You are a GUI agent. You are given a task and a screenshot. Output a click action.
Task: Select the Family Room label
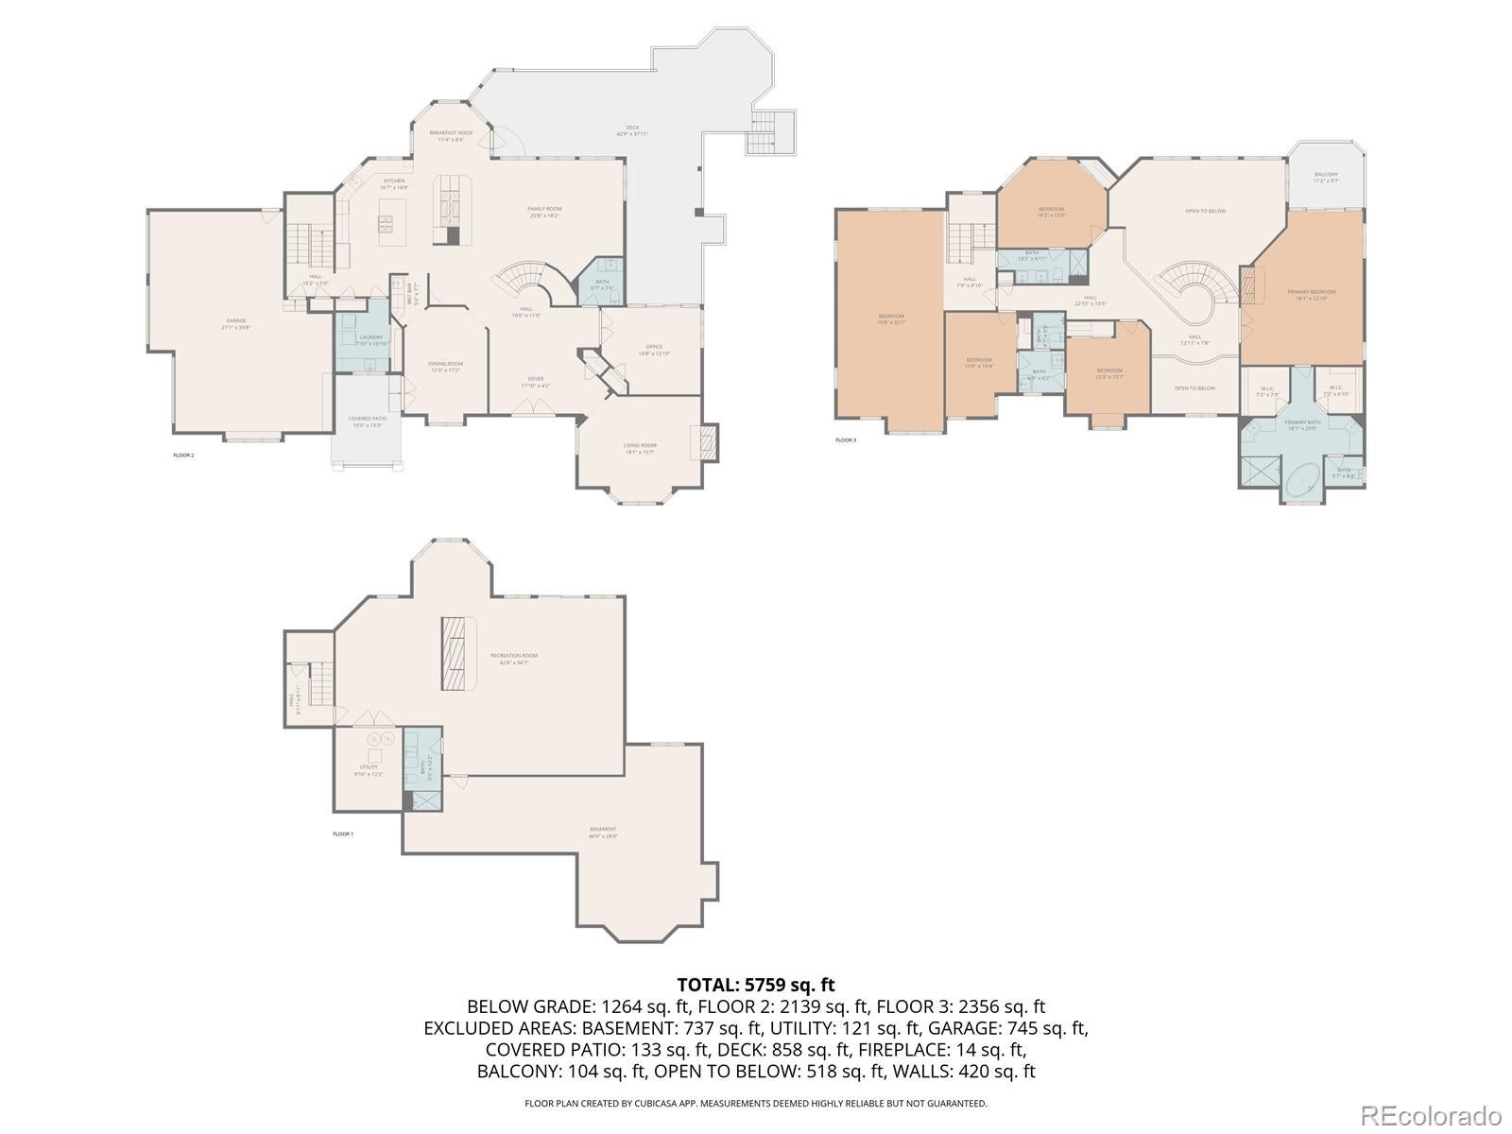point(544,211)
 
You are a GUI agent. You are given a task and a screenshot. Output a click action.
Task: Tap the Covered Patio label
point(368,421)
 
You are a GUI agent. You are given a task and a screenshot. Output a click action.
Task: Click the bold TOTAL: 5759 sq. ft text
point(755,986)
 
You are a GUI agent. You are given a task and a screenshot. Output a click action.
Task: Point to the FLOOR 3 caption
point(846,440)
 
